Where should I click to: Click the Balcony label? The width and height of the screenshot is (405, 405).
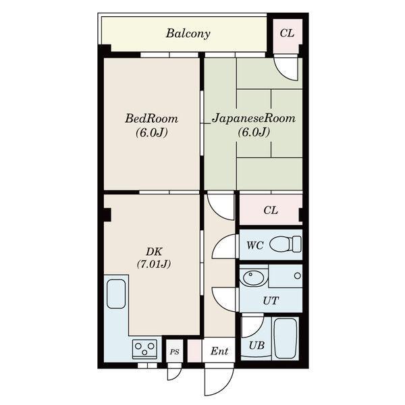(x=188, y=34)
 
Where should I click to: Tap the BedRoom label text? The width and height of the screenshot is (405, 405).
(x=152, y=119)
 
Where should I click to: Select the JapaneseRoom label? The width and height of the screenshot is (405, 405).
(x=253, y=119)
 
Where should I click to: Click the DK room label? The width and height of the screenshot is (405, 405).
(x=154, y=252)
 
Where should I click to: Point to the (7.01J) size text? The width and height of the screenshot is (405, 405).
(x=154, y=264)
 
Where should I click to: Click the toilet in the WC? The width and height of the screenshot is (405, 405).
(x=286, y=244)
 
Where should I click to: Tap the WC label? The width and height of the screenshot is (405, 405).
(x=255, y=246)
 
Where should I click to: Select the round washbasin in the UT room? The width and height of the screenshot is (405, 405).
(x=252, y=277)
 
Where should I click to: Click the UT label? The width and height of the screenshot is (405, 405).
(x=271, y=300)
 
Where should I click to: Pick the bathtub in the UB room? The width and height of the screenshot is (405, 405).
(x=285, y=338)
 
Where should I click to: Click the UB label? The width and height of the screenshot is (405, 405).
(x=256, y=346)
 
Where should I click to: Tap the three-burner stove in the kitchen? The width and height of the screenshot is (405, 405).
(x=144, y=349)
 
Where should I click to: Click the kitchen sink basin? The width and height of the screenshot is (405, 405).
(x=116, y=294)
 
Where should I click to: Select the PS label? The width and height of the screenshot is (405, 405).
(x=175, y=352)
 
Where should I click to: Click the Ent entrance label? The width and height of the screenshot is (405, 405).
(x=219, y=351)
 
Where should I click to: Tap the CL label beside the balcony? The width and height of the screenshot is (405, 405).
(x=287, y=33)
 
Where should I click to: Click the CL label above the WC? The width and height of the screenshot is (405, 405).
(x=271, y=211)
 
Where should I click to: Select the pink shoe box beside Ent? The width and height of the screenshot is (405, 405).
(x=194, y=351)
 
